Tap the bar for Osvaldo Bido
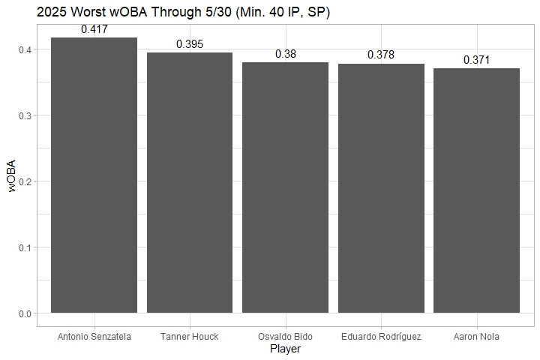(285, 187)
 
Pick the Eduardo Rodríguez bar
(381, 188)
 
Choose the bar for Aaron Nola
(476, 190)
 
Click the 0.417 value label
(94, 30)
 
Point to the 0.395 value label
(190, 44)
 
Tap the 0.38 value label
(285, 54)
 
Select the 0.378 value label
(381, 55)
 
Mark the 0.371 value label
(476, 59)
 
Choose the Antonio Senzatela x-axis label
(94, 337)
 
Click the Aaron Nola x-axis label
(476, 337)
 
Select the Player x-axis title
(285, 349)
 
